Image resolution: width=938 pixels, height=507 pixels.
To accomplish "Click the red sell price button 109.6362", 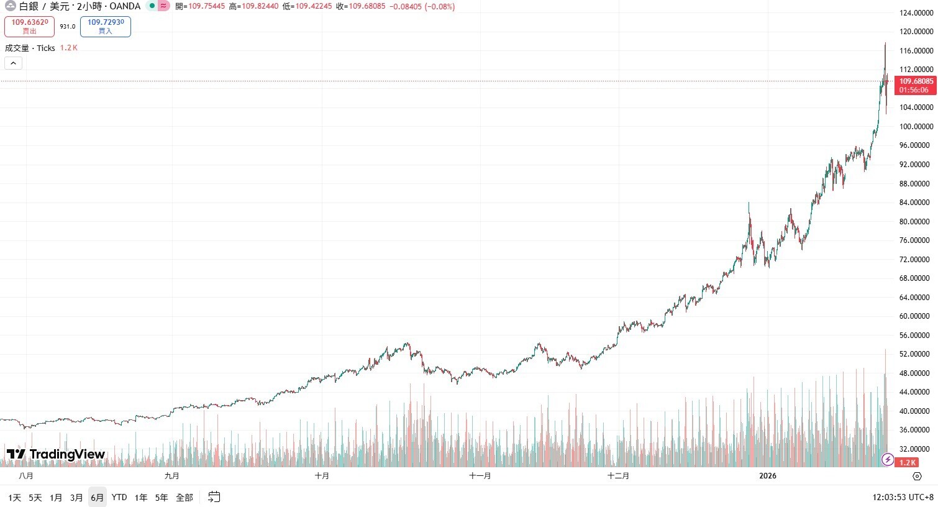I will tap(29, 26).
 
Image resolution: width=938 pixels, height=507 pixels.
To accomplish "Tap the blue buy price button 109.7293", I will tap(106, 26).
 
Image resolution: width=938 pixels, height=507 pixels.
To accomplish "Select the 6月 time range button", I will tap(97, 497).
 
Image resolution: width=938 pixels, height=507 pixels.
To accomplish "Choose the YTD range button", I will tap(119, 497).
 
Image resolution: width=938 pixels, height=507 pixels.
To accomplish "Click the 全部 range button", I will tap(184, 497).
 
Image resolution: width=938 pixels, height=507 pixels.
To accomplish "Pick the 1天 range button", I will tap(15, 497).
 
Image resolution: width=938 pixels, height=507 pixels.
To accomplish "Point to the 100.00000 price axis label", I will tap(916, 126).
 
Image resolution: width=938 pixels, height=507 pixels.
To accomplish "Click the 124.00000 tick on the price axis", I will tap(916, 12).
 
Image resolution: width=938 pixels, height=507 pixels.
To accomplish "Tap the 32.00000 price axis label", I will tap(916, 449).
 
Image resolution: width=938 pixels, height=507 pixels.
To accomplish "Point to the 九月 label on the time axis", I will tap(172, 476).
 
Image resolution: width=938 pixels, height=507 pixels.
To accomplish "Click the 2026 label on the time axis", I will tap(768, 476).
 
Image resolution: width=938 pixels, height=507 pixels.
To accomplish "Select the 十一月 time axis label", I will tap(480, 476).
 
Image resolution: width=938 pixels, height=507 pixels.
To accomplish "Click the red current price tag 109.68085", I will tap(916, 85).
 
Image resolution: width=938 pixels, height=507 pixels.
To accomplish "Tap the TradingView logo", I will tap(56, 454).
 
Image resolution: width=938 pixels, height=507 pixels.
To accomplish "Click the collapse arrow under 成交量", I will tap(13, 63).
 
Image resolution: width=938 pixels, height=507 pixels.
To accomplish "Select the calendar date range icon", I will tap(214, 496).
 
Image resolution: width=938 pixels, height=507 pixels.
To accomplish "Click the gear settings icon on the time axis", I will tap(917, 476).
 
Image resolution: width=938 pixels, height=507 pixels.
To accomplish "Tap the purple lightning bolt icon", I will tap(888, 460).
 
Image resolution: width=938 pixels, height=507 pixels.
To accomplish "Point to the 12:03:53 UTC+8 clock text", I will tap(903, 497).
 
